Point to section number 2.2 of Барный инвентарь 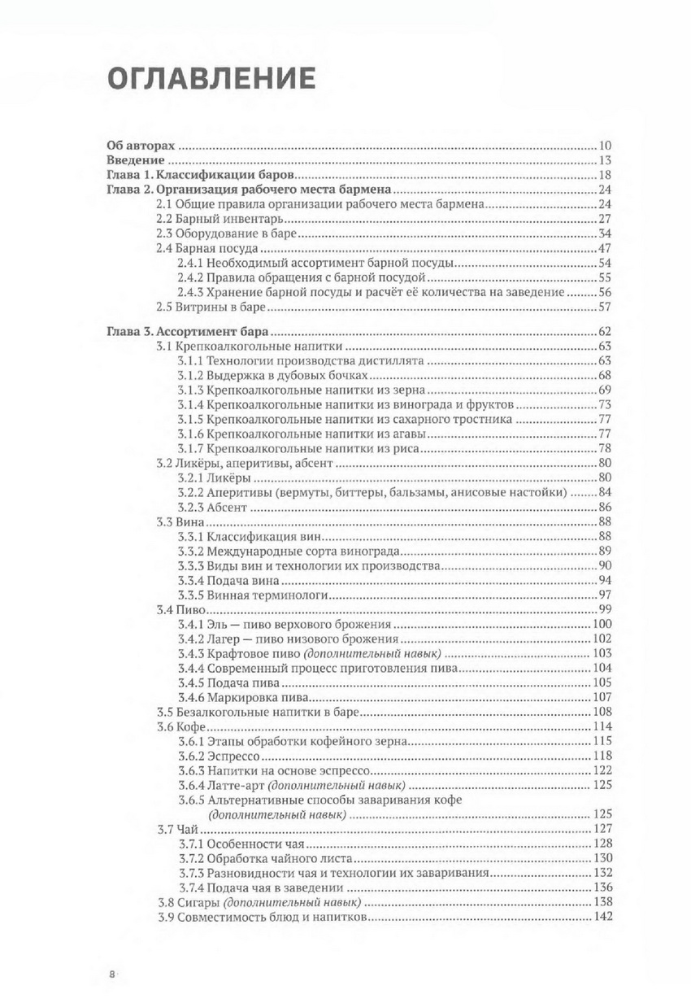163,218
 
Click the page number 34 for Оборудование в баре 603,233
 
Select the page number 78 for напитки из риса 603,448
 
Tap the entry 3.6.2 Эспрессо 218,756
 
